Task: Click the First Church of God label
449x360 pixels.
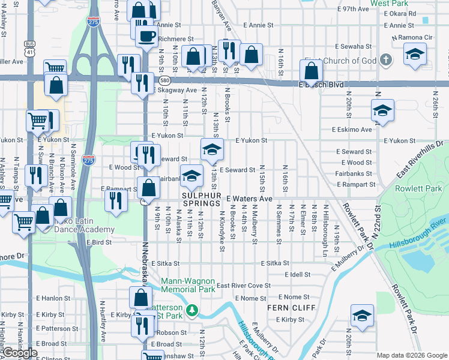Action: click(x=340, y=61)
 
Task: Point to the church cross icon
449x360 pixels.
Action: click(x=385, y=60)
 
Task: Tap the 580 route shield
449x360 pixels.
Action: click(x=163, y=80)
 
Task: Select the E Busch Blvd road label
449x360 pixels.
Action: click(x=323, y=85)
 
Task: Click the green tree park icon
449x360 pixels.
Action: click(x=192, y=310)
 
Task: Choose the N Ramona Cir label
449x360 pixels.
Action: click(x=412, y=37)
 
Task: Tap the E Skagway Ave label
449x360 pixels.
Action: click(x=175, y=91)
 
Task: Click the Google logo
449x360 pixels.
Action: click(x=20, y=353)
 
